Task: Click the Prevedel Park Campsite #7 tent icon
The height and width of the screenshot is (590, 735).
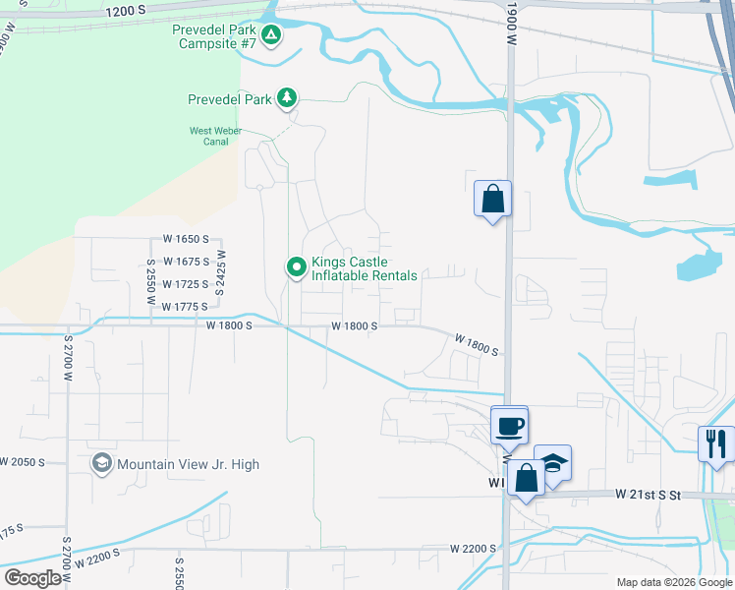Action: [x=272, y=36]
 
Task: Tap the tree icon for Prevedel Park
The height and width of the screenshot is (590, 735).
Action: [x=287, y=98]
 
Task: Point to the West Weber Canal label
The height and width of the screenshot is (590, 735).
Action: [x=209, y=136]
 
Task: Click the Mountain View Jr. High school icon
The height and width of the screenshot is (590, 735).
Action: [x=101, y=463]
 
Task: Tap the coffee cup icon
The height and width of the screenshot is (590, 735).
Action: [x=509, y=426]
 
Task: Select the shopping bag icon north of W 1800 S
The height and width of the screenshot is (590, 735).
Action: [x=492, y=198]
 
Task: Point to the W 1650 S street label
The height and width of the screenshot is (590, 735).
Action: [x=187, y=240]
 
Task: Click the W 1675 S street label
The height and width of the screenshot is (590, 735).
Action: [x=187, y=262]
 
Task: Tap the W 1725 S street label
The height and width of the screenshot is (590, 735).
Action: [x=187, y=284]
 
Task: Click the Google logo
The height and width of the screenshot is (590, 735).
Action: [x=33, y=578]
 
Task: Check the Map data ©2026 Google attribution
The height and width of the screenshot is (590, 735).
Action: [x=672, y=582]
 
